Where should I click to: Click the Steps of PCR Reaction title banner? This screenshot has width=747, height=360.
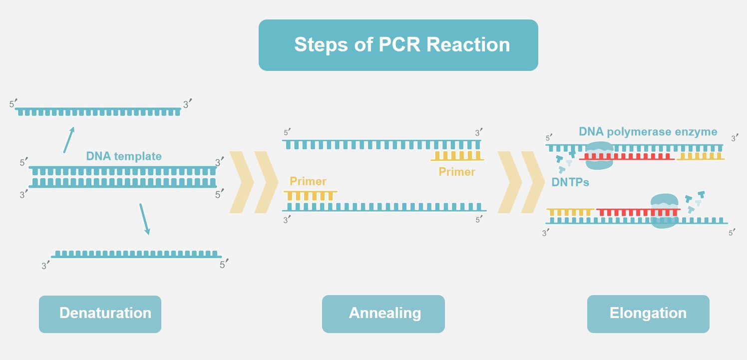[x=398, y=45]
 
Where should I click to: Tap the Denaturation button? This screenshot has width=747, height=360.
[x=100, y=314]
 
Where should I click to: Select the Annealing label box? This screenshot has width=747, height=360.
[x=383, y=314]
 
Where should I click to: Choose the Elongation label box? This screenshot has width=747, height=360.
[x=648, y=314]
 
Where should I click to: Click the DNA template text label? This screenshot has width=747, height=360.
[x=124, y=156]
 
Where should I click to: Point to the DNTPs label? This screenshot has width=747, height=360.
[x=570, y=182]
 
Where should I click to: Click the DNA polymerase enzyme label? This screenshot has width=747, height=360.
[x=648, y=132]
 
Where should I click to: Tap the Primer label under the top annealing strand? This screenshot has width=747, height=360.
[x=457, y=172]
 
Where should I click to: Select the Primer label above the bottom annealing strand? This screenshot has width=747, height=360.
[x=308, y=181]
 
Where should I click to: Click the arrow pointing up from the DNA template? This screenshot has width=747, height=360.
[x=69, y=139]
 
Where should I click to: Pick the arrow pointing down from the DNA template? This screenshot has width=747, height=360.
[x=144, y=219]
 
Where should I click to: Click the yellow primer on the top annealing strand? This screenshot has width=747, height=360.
[x=457, y=156]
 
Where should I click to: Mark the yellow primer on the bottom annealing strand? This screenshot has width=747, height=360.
[x=310, y=196]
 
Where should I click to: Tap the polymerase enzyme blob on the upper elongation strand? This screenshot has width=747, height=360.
[x=598, y=155]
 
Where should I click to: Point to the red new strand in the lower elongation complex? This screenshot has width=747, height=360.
[x=624, y=212]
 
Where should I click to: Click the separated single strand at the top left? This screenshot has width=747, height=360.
[x=98, y=111]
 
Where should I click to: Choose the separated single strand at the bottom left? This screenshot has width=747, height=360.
[x=136, y=254]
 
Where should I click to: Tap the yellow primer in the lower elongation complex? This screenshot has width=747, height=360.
[x=570, y=212]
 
